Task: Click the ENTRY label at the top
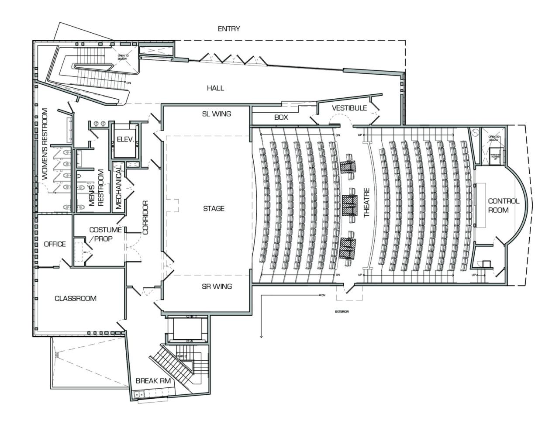[229, 29]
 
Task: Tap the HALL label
[215, 88]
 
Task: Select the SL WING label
[217, 114]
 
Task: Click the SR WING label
[217, 286]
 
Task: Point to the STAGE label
[214, 208]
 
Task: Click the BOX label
[281, 117]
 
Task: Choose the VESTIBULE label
[349, 108]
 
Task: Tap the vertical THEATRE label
[366, 203]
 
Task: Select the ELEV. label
[125, 140]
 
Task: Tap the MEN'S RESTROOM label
[96, 188]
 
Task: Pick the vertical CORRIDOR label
[145, 217]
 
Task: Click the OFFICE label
[55, 244]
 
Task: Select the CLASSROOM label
[75, 298]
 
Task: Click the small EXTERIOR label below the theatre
[342, 312]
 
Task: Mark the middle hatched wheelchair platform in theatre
[350, 205]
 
